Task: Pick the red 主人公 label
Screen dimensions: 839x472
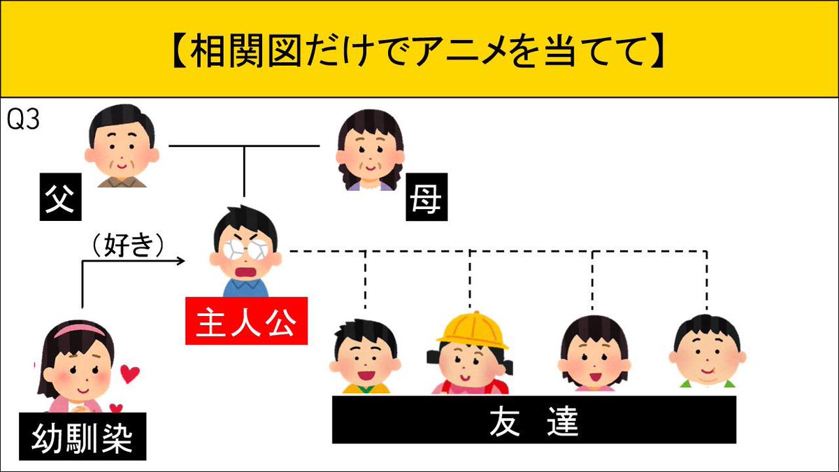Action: [246, 321]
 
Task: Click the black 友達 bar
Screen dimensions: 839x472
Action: [533, 420]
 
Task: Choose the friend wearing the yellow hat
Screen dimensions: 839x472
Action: [471, 357]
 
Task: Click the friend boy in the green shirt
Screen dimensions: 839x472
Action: [707, 353]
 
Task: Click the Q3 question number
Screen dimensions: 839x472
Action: [23, 120]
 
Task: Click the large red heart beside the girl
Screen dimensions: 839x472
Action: [129, 375]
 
